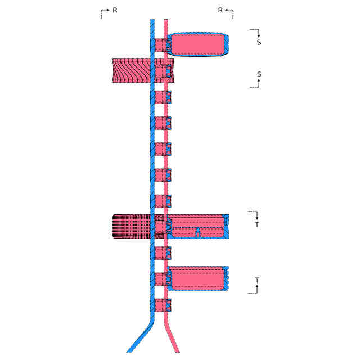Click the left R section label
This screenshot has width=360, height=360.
click(115, 10)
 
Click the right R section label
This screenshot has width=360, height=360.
click(220, 10)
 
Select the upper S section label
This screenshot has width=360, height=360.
click(259, 42)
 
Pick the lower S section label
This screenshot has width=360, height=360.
click(259, 74)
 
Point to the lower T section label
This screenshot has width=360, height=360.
click(257, 280)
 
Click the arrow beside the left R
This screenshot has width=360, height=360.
click(103, 11)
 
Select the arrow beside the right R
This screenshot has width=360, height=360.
click(229, 11)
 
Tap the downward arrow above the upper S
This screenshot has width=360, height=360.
click(258, 33)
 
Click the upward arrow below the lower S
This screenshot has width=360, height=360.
click(258, 83)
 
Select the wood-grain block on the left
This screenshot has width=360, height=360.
click(132, 70)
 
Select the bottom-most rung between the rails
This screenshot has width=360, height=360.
click(160, 305)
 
